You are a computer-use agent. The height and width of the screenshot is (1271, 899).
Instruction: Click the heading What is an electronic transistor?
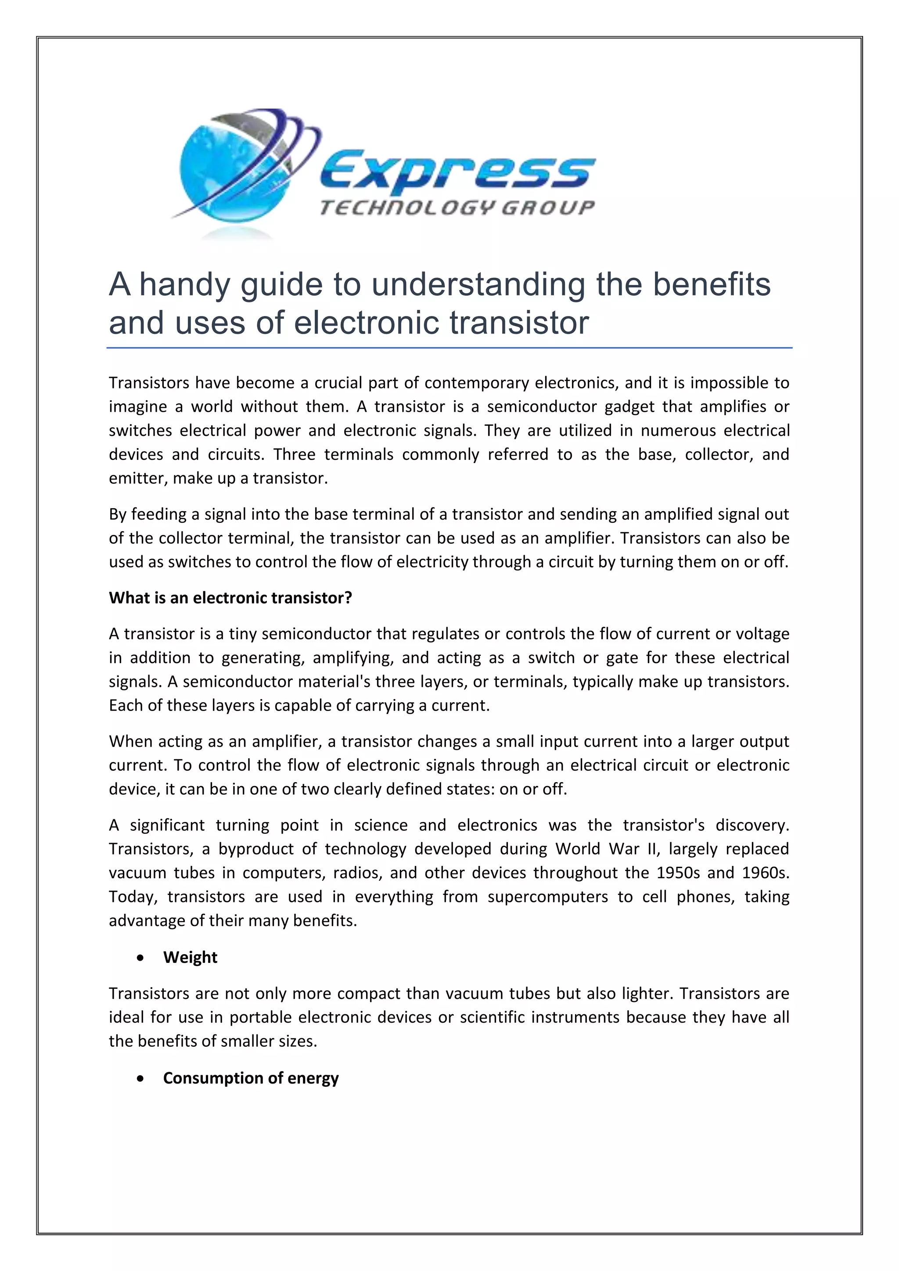pos(230,598)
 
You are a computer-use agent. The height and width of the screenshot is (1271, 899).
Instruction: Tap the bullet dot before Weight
pos(142,958)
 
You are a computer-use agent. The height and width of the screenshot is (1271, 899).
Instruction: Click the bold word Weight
pos(190,958)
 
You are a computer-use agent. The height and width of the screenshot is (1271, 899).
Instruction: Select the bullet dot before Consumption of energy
pos(142,1078)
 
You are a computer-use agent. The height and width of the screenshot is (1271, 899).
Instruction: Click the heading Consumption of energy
pos(251,1078)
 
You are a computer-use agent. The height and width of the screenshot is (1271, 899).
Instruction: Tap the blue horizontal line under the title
pos(449,348)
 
